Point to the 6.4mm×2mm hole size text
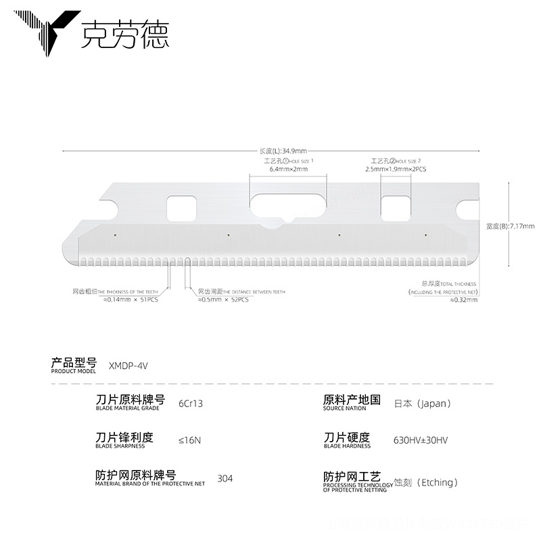(x=289, y=169)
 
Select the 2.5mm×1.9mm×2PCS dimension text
(x=396, y=169)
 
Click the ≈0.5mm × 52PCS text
(x=223, y=300)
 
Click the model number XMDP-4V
(x=128, y=365)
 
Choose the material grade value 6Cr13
(x=191, y=404)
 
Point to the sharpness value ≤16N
(x=189, y=440)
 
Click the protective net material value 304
(x=225, y=479)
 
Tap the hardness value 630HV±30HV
(x=421, y=440)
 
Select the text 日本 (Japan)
(x=422, y=404)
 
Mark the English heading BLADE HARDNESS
(x=347, y=446)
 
